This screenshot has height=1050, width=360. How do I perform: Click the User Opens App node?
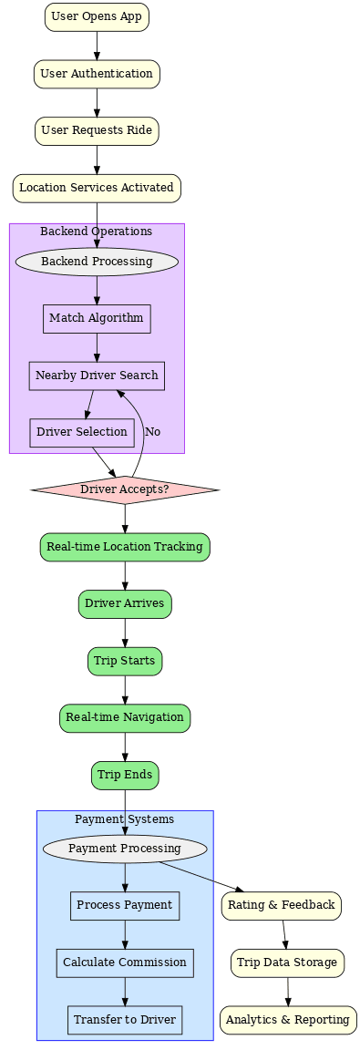(97, 16)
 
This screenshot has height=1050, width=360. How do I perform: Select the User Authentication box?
(97, 74)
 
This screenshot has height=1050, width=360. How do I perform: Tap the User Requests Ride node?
(97, 130)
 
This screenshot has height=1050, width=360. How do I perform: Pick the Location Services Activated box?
(97, 188)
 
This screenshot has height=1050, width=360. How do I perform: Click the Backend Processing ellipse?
(97, 262)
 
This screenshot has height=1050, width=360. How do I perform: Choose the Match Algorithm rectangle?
(97, 318)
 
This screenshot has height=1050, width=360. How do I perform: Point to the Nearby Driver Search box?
(97, 376)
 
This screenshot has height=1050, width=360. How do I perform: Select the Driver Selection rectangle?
(82, 432)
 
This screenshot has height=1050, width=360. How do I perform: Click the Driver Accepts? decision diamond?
(125, 489)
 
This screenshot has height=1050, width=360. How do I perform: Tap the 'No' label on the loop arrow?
(153, 432)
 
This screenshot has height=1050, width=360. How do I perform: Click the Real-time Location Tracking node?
(125, 547)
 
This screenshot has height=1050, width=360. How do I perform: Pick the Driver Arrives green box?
(125, 603)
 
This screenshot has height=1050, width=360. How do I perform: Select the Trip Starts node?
(125, 661)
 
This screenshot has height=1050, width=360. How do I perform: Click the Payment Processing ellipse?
(125, 849)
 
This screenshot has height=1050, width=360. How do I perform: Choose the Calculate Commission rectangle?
(125, 962)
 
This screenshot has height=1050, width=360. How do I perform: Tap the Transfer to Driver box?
(125, 1020)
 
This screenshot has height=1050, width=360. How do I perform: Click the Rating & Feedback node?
(282, 905)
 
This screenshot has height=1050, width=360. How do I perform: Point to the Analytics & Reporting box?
(288, 1020)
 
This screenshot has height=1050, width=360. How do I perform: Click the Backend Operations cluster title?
(97, 232)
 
